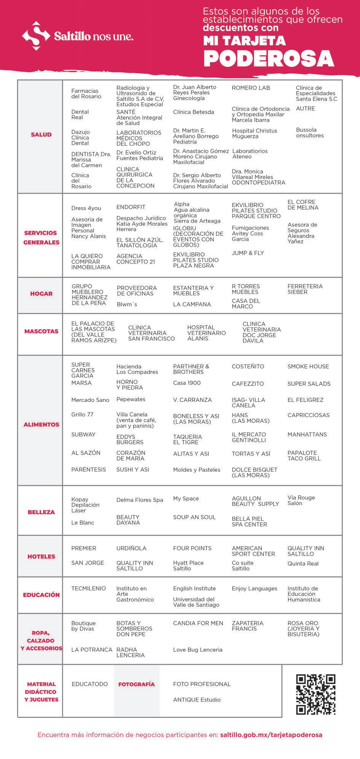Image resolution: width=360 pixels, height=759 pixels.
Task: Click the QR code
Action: pyautogui.click(x=315, y=694)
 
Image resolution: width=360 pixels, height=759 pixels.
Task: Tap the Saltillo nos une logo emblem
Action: pyautogui.click(x=36, y=36)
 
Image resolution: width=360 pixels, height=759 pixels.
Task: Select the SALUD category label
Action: pyautogui.click(x=41, y=134)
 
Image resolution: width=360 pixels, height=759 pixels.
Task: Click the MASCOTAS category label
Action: pyautogui.click(x=41, y=331)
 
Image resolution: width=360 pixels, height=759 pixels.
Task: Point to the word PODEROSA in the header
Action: pyautogui.click(x=269, y=59)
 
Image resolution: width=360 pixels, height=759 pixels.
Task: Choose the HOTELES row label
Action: pyautogui.click(x=41, y=556)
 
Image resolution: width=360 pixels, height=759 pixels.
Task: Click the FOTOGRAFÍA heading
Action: pyautogui.click(x=136, y=684)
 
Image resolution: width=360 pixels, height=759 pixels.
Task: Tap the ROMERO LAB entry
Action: pyautogui.click(x=251, y=88)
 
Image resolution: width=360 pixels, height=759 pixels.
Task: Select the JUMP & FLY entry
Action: pyautogui.click(x=248, y=253)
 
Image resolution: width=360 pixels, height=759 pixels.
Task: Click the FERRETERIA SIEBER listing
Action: pyautogui.click(x=305, y=289)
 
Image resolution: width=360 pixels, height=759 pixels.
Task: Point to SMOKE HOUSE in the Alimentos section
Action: pyautogui.click(x=308, y=367)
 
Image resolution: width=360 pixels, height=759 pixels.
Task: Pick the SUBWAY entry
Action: pyautogui.click(x=83, y=434)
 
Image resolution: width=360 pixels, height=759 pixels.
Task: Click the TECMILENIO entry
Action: pyautogui.click(x=88, y=588)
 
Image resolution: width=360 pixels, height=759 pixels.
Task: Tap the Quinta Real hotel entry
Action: pyautogui.click(x=303, y=564)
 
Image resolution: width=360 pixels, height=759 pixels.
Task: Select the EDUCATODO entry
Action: pyautogui.click(x=90, y=684)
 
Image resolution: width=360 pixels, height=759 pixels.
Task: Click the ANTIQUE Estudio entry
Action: pyautogui.click(x=197, y=700)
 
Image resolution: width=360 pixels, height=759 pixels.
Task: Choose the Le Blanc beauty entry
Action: pyautogui.click(x=83, y=523)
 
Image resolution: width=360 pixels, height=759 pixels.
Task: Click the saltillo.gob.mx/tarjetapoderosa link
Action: pyautogui.click(x=271, y=735)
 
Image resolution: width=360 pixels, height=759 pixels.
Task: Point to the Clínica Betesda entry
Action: pyautogui.click(x=193, y=112)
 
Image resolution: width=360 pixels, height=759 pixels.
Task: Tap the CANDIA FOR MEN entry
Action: pyautogui.click(x=198, y=623)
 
